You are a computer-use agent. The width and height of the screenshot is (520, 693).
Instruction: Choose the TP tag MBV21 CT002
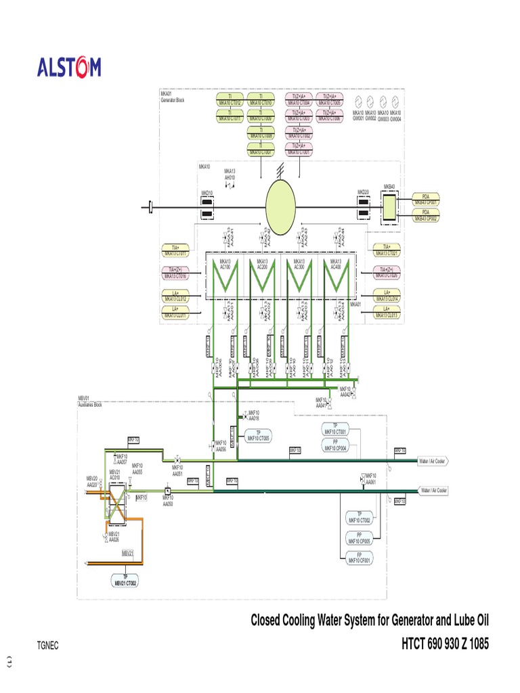pos(125,579)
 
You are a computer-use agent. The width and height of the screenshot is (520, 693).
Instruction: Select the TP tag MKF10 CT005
pos(258,435)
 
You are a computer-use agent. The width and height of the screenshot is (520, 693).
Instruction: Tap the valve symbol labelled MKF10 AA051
pos(177,459)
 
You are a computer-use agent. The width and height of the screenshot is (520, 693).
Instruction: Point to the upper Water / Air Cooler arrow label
pos(433,461)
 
